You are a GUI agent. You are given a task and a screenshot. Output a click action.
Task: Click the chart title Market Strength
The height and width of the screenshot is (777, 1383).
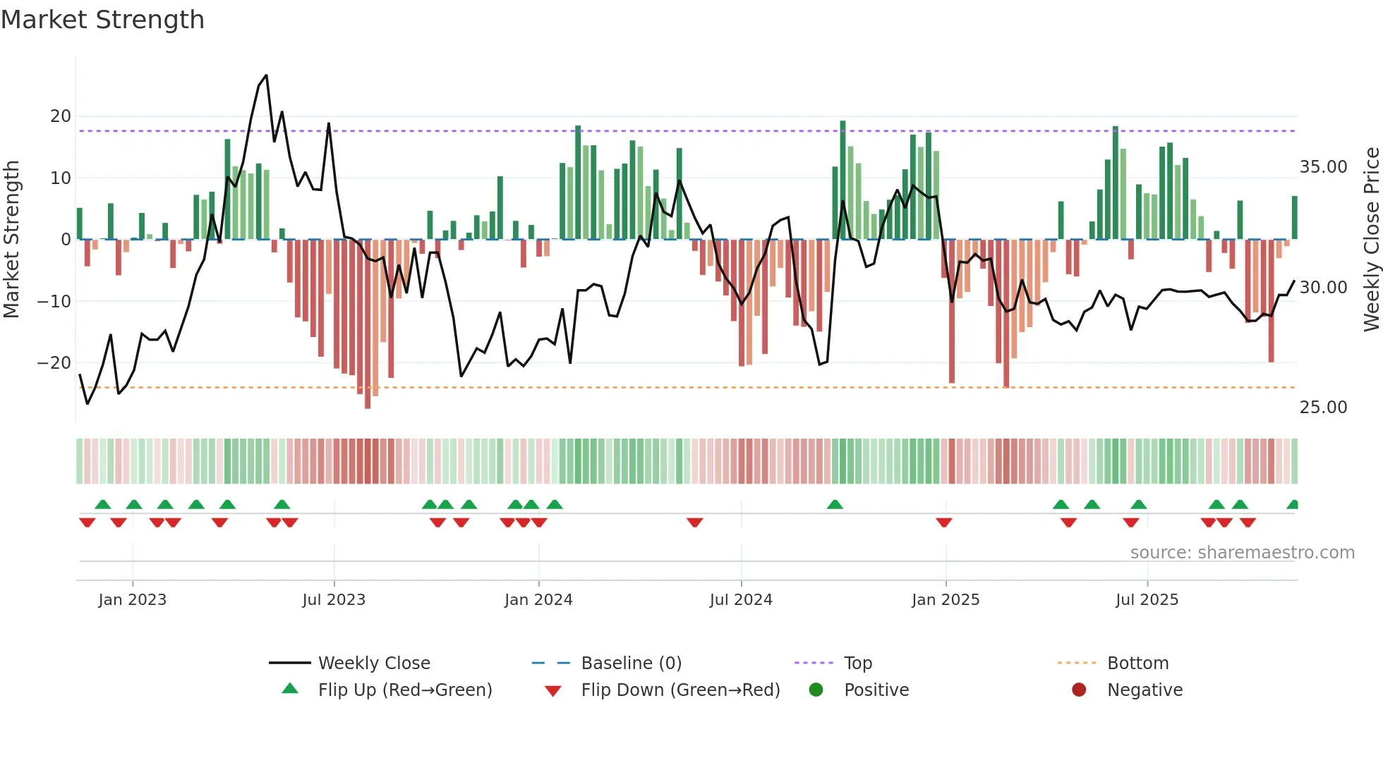[x=102, y=20]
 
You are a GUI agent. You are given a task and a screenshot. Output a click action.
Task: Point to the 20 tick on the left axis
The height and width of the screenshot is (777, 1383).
[x=61, y=116]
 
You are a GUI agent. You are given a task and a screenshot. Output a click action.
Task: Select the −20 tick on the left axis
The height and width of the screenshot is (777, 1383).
[x=54, y=363]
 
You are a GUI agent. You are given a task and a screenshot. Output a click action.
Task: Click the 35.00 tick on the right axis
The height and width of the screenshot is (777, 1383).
[x=1323, y=167]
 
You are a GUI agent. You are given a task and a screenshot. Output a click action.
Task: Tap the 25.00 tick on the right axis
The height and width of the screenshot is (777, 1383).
[x=1323, y=408]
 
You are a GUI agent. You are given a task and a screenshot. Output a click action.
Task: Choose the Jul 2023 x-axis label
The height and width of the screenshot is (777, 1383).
[x=334, y=600]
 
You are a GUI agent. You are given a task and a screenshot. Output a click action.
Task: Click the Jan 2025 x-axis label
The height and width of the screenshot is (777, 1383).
[x=945, y=600]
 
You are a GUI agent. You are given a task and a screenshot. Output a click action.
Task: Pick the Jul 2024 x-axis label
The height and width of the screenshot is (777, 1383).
[x=741, y=600]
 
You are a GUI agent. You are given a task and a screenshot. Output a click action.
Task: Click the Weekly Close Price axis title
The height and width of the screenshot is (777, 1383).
[x=1371, y=240]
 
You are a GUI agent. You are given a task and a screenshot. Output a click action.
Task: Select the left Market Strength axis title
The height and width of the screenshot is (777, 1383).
[x=12, y=240]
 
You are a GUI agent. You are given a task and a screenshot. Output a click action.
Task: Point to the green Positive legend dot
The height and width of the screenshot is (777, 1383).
[x=816, y=690]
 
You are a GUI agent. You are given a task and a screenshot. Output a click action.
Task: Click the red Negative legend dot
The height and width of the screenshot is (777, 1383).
[x=1079, y=690]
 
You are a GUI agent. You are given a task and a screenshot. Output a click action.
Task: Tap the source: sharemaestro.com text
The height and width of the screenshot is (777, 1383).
[x=1242, y=553]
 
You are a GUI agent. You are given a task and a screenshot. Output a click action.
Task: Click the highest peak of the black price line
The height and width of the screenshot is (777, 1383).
[x=266, y=75]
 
